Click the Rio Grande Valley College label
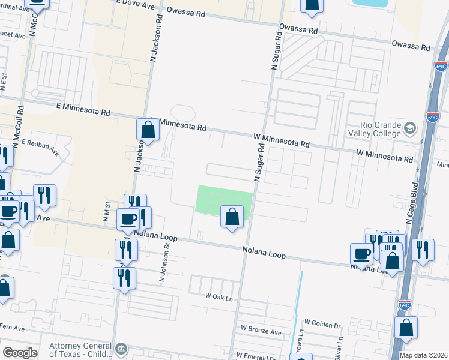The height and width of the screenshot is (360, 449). (x=373, y=128)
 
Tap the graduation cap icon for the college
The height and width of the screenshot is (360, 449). (x=409, y=128)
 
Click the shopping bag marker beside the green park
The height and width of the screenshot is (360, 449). (x=232, y=217)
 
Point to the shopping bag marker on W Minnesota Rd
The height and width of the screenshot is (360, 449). (x=148, y=130)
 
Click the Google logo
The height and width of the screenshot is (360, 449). (x=20, y=353)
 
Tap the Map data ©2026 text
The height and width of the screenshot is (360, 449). (x=423, y=355)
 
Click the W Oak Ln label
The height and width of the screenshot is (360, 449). (x=218, y=296)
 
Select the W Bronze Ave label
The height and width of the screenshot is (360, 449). (x=261, y=329)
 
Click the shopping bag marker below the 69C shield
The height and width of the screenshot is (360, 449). (x=406, y=328)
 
